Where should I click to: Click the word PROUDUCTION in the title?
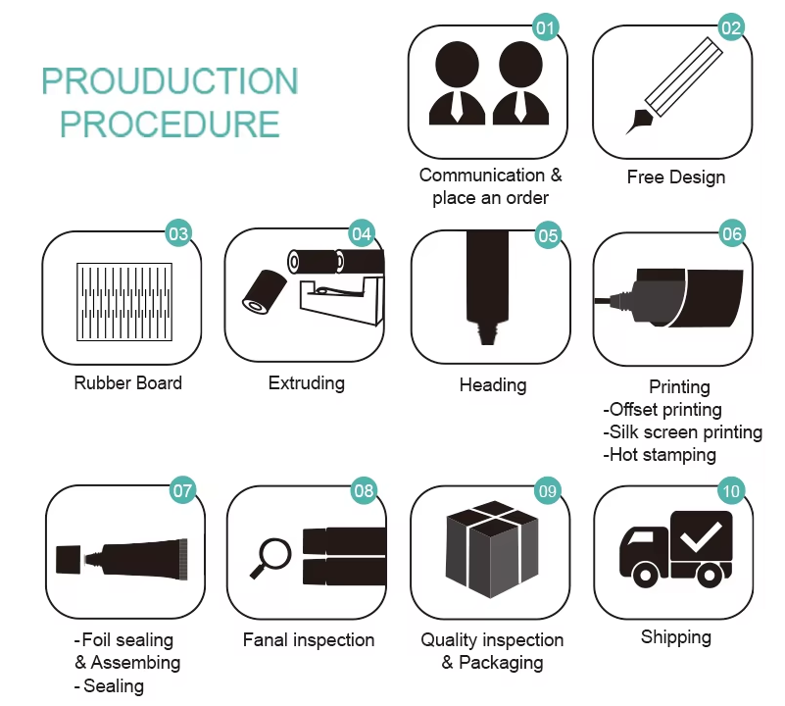tap(170, 81)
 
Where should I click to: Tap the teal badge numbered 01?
tap(545, 27)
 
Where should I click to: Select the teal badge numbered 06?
tap(732, 233)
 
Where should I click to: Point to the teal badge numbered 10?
tap(731, 490)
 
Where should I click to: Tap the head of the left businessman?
tap(457, 64)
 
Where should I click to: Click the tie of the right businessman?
tap(520, 106)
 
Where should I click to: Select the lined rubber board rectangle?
tap(124, 302)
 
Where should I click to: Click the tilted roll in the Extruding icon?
tap(265, 291)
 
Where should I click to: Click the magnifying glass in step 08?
tap(270, 559)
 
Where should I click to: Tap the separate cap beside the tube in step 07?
tap(68, 560)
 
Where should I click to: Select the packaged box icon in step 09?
tap(492, 549)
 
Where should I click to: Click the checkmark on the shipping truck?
tap(701, 536)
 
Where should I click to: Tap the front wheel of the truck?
tap(645, 576)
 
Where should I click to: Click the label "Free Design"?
tap(676, 176)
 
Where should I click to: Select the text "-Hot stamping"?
tap(660, 455)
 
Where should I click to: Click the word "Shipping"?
tap(676, 637)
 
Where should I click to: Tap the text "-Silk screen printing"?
tap(682, 431)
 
